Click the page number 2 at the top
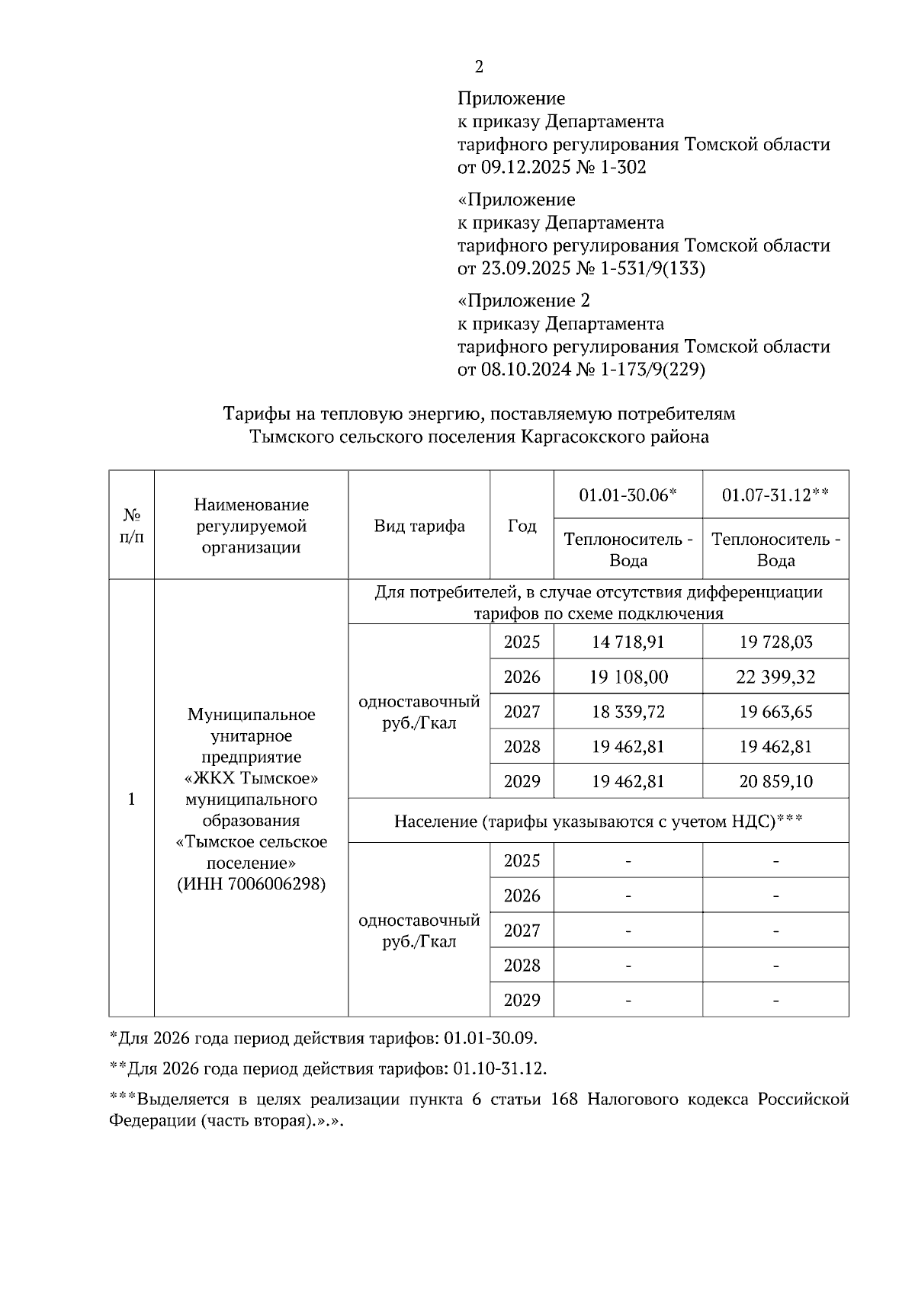tap(479, 67)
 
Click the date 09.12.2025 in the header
tap(525, 168)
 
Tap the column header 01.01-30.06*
tap(628, 495)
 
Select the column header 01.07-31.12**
tap(775, 495)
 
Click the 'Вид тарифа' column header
tap(419, 526)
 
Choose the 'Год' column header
tap(522, 526)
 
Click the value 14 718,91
tap(628, 642)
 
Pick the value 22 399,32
tap(775, 677)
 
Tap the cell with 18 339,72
tap(628, 712)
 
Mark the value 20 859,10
tap(775, 781)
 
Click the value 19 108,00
tap(628, 677)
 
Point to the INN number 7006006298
tap(276, 885)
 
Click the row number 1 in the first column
tap(131, 799)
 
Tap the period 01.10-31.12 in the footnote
tap(499, 1068)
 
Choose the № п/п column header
tap(131, 526)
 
